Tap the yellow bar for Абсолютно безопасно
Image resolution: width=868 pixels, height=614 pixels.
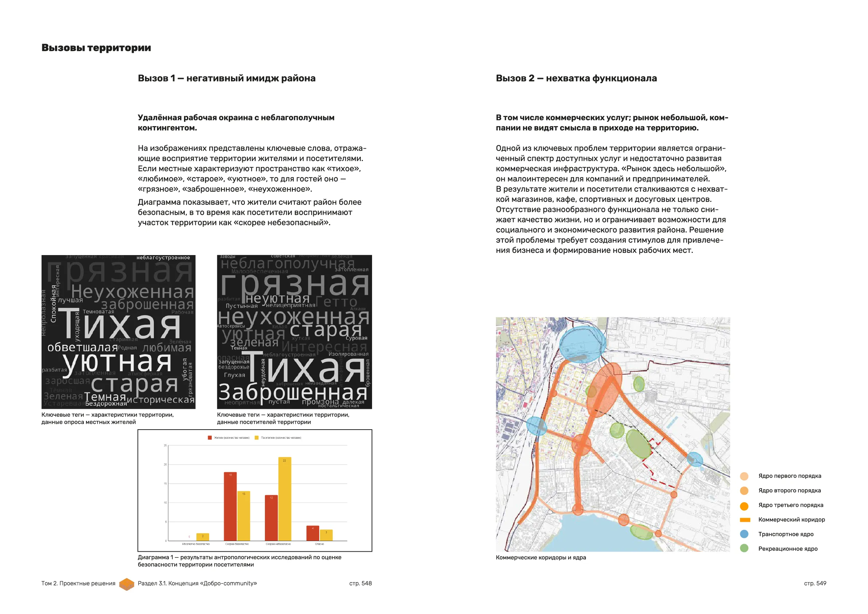tap(203, 536)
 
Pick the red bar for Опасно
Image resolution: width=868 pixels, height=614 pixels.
tap(313, 533)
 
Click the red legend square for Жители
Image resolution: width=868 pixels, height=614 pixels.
tap(210, 437)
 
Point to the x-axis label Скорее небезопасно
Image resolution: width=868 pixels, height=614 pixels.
tap(278, 544)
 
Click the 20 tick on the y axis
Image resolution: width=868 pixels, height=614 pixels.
tap(165, 464)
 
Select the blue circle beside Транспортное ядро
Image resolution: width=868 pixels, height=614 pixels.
tap(744, 534)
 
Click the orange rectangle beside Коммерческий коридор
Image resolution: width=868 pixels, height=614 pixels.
tap(745, 520)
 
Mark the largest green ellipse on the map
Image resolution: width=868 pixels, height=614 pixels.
tap(638, 444)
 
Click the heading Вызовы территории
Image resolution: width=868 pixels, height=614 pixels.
tap(96, 48)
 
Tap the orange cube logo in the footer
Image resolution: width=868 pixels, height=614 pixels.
tap(127, 584)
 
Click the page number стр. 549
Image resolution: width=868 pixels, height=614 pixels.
tap(815, 583)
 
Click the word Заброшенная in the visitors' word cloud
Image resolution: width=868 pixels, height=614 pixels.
tap(293, 392)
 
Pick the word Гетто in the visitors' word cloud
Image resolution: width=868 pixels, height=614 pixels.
tap(336, 302)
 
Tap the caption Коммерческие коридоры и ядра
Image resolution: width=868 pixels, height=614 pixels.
tap(541, 557)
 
